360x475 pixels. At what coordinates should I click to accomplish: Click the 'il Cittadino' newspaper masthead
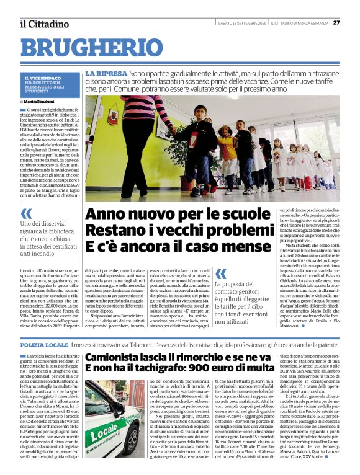[44, 24]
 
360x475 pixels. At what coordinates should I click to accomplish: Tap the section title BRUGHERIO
[91, 48]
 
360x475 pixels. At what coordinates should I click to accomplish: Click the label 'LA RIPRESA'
[106, 73]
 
